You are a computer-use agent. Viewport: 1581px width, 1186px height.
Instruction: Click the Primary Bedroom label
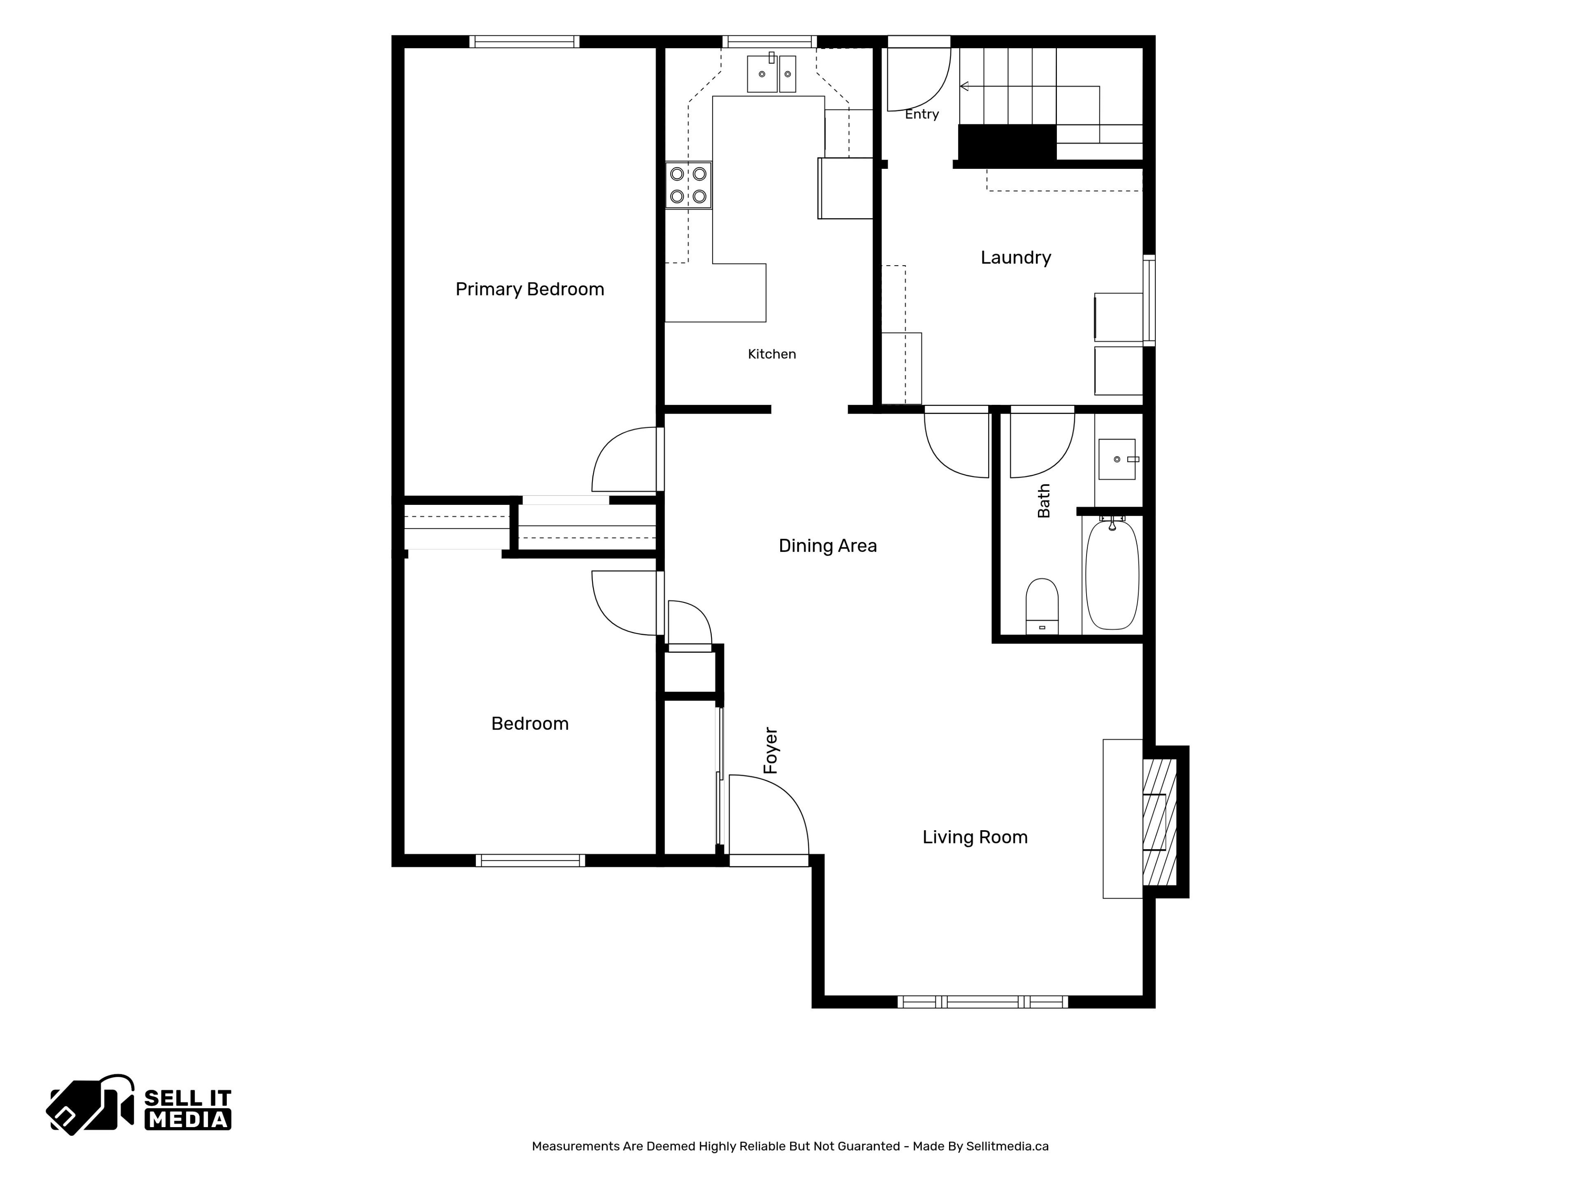tap(529, 289)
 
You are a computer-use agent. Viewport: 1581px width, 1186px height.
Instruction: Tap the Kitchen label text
tap(772, 354)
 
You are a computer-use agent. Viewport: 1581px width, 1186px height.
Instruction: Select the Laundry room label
tap(1016, 258)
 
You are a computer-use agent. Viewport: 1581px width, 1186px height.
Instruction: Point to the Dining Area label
tap(828, 546)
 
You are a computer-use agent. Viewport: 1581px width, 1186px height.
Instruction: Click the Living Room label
tap(975, 837)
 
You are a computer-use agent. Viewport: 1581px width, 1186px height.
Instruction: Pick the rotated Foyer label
tap(770, 751)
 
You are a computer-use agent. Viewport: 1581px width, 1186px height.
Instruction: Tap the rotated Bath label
tap(1044, 500)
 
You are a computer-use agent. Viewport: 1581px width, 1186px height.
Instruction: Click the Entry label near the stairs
tap(922, 114)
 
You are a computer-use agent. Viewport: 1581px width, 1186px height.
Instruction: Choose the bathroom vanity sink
tap(1117, 459)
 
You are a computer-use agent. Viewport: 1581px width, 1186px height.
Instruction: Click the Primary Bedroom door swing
tap(624, 460)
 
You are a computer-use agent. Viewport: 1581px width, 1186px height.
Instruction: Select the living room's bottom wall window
tap(983, 1002)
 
